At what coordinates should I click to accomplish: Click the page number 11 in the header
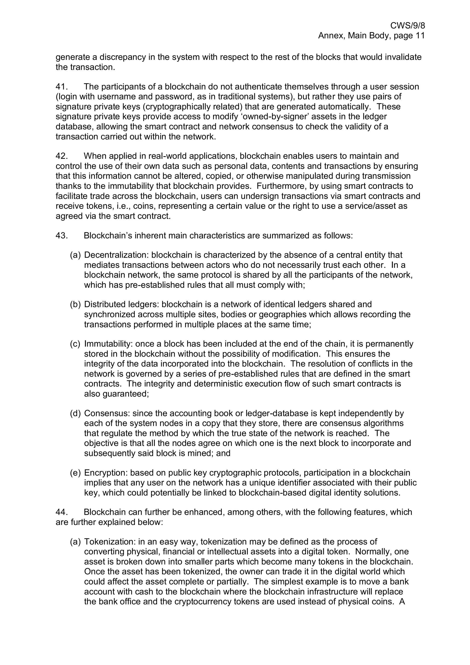[420, 36]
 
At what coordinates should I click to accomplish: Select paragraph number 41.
[62, 87]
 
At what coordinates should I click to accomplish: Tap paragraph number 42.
[62, 156]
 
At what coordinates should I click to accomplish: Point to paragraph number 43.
[62, 235]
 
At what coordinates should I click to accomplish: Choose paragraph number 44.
[62, 512]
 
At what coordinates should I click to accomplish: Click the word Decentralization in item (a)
[116, 255]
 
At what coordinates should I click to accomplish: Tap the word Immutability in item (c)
[108, 344]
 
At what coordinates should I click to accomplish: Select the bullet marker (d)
[75, 413]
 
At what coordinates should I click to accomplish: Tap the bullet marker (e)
[75, 473]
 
